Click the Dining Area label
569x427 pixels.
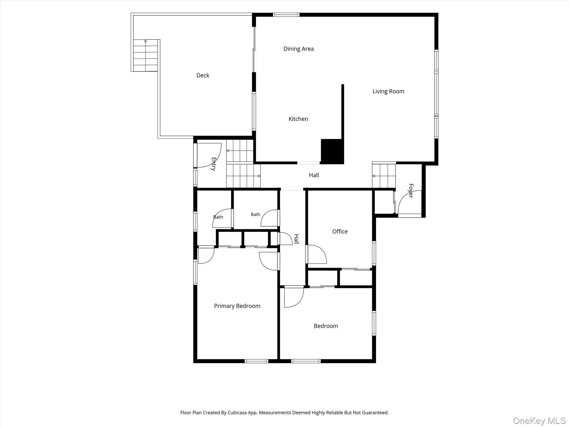click(x=298, y=49)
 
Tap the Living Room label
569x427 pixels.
click(x=388, y=91)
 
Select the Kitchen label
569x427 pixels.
click(x=298, y=119)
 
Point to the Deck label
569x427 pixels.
click(x=203, y=75)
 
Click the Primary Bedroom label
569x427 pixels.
click(x=237, y=306)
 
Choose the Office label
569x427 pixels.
click(x=340, y=232)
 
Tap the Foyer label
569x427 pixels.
click(x=411, y=191)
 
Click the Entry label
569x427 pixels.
click(x=213, y=164)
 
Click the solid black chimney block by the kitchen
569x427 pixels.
click(x=332, y=152)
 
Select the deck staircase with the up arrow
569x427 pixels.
click(x=146, y=55)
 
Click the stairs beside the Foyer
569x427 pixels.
click(x=384, y=176)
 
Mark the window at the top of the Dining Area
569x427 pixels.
click(x=286, y=15)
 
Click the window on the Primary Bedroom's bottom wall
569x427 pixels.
click(x=256, y=361)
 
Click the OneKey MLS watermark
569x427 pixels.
click(x=539, y=421)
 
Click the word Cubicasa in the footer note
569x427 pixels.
click(x=239, y=413)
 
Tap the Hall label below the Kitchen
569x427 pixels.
click(x=314, y=175)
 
